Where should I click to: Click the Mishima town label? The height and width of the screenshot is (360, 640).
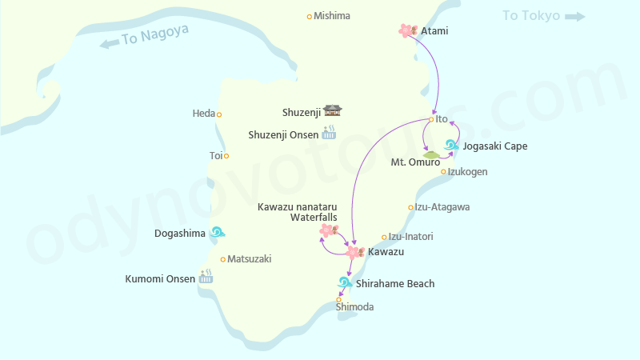tap(331, 16)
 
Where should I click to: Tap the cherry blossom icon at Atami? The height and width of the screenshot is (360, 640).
tap(407, 30)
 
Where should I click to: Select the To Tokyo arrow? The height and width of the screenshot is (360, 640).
tap(575, 16)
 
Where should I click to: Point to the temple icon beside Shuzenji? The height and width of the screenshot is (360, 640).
tap(333, 111)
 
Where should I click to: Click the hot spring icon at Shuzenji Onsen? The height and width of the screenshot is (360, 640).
tap(329, 134)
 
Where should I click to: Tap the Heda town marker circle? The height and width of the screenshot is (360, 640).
tap(219, 114)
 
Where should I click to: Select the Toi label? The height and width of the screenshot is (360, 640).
tap(216, 156)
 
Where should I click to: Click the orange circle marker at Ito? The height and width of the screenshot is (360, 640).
tap(431, 120)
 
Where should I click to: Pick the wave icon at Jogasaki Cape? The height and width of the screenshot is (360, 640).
tap(451, 146)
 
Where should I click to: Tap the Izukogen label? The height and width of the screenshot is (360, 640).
tap(468, 172)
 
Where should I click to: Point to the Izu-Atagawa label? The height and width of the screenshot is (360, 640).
tap(442, 207)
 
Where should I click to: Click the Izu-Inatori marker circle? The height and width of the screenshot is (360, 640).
tap(384, 237)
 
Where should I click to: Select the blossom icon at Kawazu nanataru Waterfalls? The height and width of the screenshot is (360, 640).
tap(327, 230)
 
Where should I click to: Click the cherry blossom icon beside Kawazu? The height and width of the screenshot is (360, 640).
tap(354, 252)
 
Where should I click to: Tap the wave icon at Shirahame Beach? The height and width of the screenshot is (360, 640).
tap(345, 282)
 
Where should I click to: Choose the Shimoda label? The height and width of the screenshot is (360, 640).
tap(354, 307)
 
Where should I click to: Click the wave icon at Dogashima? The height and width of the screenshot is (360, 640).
tap(217, 233)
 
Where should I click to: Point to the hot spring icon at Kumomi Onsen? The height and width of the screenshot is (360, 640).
tap(206, 277)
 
